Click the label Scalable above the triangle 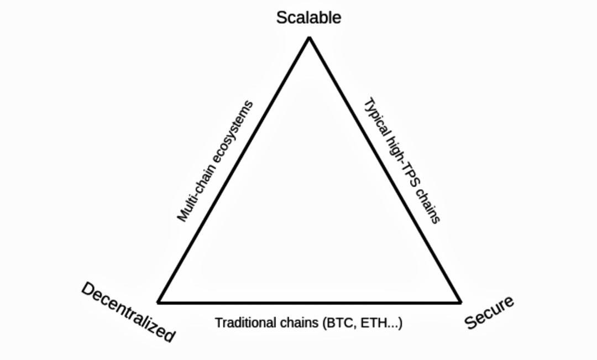click(x=308, y=18)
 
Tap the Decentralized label click(x=128, y=312)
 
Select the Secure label click(x=489, y=312)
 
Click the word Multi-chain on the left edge click(x=195, y=194)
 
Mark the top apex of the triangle click(x=310, y=38)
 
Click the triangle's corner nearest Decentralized click(x=159, y=302)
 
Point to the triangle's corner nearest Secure click(x=460, y=302)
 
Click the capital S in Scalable click(x=282, y=18)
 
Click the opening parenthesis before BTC click(x=324, y=324)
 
